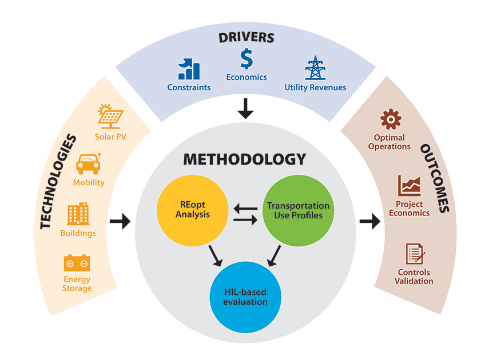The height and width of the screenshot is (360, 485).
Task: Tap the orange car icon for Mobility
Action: (88, 164)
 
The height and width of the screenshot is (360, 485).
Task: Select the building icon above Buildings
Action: (78, 214)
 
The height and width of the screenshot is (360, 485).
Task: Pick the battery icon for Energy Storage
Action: (77, 263)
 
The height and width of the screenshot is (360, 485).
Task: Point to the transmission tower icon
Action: (315, 68)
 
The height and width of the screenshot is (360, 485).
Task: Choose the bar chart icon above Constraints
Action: (189, 69)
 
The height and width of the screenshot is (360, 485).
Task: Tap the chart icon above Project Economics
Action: (410, 186)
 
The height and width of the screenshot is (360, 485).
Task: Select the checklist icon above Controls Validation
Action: (415, 254)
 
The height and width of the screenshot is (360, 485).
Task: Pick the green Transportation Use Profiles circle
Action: (297, 210)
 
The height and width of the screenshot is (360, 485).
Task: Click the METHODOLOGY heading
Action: (244, 159)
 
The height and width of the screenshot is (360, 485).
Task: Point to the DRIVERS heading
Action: (246, 38)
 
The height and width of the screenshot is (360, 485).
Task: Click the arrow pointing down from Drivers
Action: (245, 108)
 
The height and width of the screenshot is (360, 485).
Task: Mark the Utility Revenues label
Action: (315, 87)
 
